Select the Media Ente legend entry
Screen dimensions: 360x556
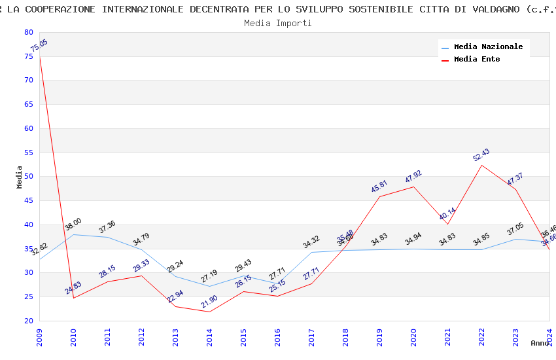477,59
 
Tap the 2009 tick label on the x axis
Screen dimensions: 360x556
39,336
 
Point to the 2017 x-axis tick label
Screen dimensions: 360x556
311,336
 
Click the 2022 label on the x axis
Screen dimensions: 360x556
481,336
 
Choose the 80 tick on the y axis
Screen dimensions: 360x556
28,32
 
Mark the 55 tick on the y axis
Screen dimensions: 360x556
28,153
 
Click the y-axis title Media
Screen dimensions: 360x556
19,177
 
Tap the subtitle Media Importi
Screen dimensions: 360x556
278,23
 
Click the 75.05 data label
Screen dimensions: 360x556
39,45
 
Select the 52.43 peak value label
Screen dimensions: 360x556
481,155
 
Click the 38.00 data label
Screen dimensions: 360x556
73,225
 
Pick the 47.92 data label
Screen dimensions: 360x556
413,177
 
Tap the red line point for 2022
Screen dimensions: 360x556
481,164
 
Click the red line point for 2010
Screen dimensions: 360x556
73,298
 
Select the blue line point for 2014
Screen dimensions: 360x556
209,286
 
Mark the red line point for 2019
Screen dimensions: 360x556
379,196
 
